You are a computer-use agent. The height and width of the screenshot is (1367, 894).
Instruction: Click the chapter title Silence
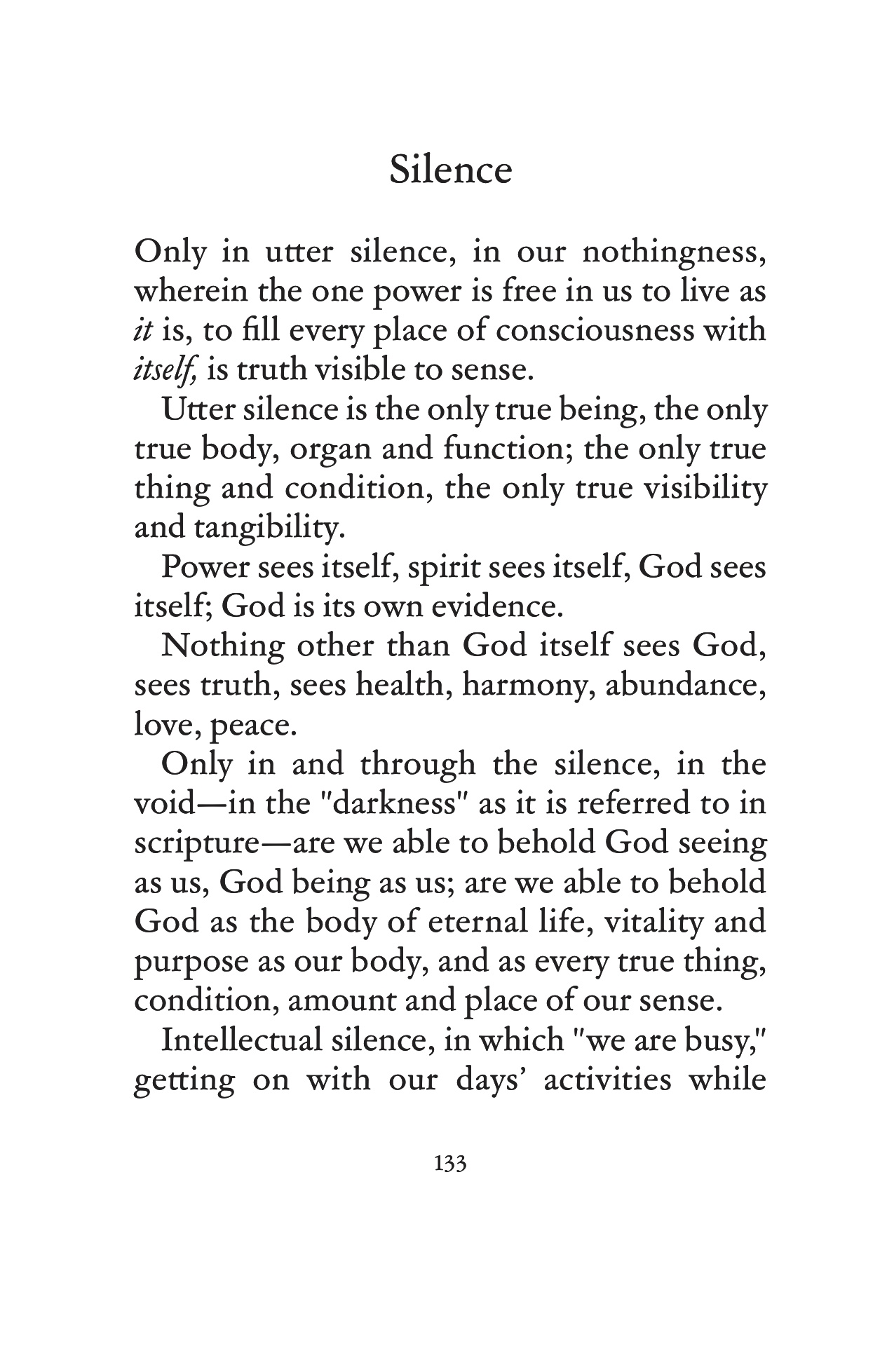click(x=450, y=170)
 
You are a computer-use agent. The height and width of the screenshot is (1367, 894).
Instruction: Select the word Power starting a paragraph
click(x=204, y=567)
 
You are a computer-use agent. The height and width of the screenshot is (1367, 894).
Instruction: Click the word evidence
click(x=496, y=606)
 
